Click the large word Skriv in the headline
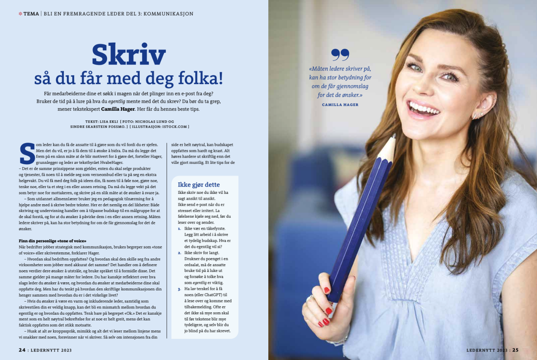129,55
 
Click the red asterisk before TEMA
20,14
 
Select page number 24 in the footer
22,350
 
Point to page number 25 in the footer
515,350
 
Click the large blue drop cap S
27,154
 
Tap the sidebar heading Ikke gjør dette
199,185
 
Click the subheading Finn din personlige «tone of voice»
52,241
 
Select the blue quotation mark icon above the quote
340,55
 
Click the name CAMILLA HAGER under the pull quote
340,105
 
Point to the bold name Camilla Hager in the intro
118,109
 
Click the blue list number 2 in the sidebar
179,253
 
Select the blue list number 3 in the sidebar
179,289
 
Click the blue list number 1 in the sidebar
179,229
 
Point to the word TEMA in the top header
31,14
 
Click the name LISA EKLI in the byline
109,122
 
